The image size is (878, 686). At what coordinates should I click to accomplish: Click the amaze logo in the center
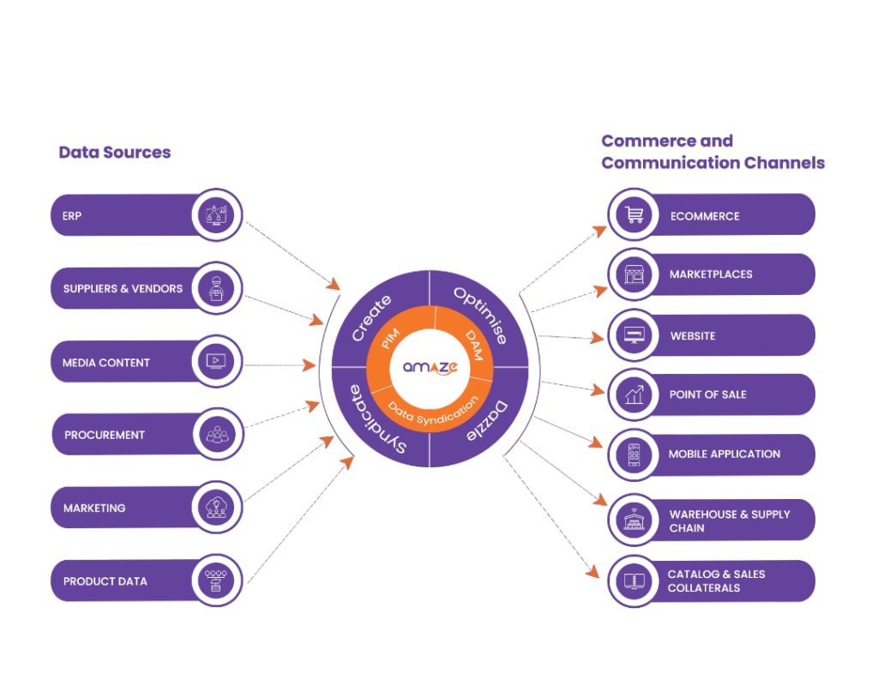click(x=430, y=367)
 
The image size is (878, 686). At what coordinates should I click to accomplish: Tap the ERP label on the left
click(x=72, y=216)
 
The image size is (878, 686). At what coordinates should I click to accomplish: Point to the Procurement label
click(x=105, y=435)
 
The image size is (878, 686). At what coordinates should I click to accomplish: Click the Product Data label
click(x=105, y=581)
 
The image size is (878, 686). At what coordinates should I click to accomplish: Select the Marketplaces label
click(x=711, y=274)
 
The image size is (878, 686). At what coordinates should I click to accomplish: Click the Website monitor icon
click(x=635, y=335)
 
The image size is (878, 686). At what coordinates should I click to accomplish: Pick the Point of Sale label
click(x=707, y=394)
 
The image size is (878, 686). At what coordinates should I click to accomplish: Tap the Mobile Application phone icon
click(x=635, y=454)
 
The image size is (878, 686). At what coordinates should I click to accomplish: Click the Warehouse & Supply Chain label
click(x=730, y=521)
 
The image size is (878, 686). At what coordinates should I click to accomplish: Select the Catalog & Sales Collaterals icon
click(x=635, y=581)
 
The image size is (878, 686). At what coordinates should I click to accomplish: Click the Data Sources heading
click(x=115, y=153)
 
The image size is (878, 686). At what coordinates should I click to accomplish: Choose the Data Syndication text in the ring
click(x=433, y=410)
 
